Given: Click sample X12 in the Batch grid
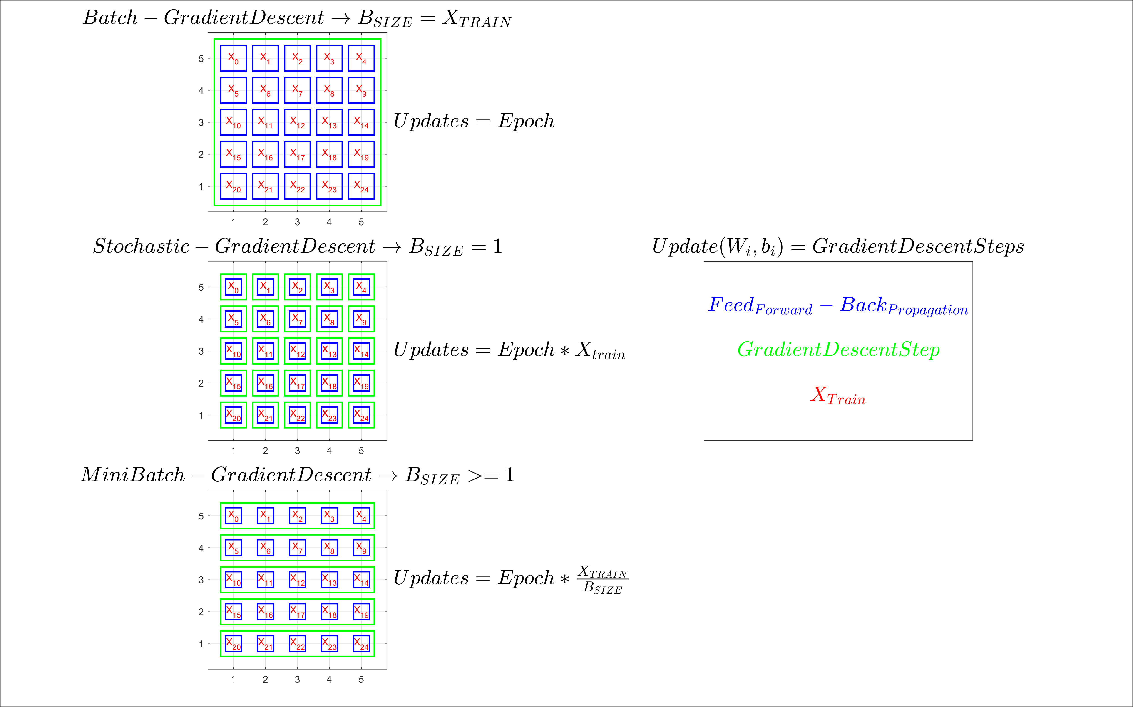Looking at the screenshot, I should point(297,122).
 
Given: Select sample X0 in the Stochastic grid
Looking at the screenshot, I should point(233,287).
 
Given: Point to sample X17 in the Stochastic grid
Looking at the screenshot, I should point(297,383).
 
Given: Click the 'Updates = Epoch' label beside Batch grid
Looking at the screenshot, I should point(474,121).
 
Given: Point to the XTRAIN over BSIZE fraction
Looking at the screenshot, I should point(603,579).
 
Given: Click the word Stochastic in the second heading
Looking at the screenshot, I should point(141,246).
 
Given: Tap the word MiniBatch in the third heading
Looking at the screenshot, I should point(133,475).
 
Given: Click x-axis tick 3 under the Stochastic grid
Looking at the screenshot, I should point(297,451).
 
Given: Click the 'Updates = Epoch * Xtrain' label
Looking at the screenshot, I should point(509,350).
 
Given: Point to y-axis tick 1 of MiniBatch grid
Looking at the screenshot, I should point(201,644).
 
